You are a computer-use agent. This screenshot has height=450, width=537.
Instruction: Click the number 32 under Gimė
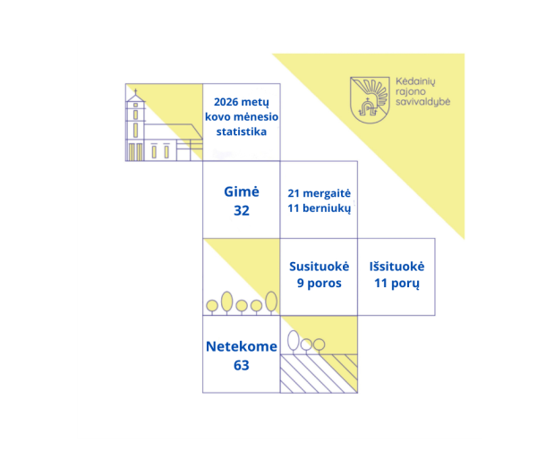pyautogui.click(x=242, y=210)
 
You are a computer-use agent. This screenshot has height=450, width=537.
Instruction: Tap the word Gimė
pyautogui.click(x=242, y=191)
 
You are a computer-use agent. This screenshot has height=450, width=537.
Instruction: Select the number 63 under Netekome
pyautogui.click(x=242, y=365)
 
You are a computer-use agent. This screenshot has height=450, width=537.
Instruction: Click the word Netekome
pyautogui.click(x=242, y=346)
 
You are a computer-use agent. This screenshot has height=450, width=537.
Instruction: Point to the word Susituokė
pyautogui.click(x=320, y=267)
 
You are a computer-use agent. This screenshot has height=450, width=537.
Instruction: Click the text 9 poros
pyautogui.click(x=320, y=283)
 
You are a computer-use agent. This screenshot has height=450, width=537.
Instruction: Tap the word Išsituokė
pyautogui.click(x=396, y=267)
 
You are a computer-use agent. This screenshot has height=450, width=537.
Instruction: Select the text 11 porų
pyautogui.click(x=396, y=284)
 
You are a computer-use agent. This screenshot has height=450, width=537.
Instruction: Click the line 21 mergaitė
pyautogui.click(x=320, y=193)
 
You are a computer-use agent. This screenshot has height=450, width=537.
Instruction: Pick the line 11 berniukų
pyautogui.click(x=320, y=208)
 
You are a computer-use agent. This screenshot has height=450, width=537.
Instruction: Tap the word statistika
pyautogui.click(x=242, y=132)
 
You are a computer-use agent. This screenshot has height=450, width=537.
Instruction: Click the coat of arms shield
pyautogui.click(x=370, y=99)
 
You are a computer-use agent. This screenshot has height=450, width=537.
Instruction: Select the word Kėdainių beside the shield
pyautogui.click(x=415, y=81)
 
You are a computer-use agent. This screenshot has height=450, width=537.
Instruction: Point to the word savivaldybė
pyautogui.click(x=423, y=102)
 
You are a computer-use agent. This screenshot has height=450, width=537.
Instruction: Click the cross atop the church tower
pyautogui.click(x=136, y=92)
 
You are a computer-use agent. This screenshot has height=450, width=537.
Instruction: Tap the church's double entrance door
pyautogui.click(x=135, y=152)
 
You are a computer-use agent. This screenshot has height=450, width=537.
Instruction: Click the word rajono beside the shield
pyautogui.click(x=411, y=92)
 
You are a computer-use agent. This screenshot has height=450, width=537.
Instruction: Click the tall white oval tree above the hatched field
pyautogui.click(x=294, y=340)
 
